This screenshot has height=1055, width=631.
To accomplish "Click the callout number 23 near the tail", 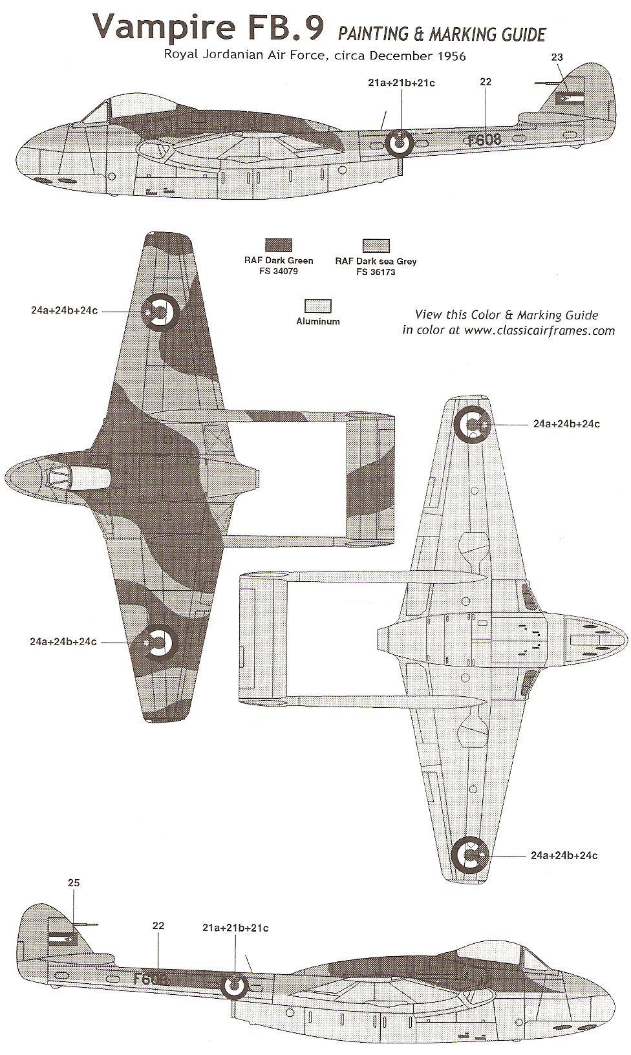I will [557, 58].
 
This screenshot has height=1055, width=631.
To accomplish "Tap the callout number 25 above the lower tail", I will [73, 883].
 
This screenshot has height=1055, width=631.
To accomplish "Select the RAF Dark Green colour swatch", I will [279, 245].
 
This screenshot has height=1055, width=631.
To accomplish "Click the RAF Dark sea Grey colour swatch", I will [376, 246].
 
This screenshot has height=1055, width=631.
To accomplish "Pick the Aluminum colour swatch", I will [317, 305].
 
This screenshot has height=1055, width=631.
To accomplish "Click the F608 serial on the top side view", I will [484, 140].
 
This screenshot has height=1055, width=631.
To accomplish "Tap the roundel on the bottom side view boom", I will [234, 986].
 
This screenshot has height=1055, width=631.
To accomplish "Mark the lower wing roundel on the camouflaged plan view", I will [158, 641].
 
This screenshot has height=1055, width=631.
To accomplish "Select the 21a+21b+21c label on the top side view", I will [401, 83].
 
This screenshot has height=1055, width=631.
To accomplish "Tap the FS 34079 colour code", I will [279, 272].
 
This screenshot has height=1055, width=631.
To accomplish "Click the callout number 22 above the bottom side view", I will [158, 926].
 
